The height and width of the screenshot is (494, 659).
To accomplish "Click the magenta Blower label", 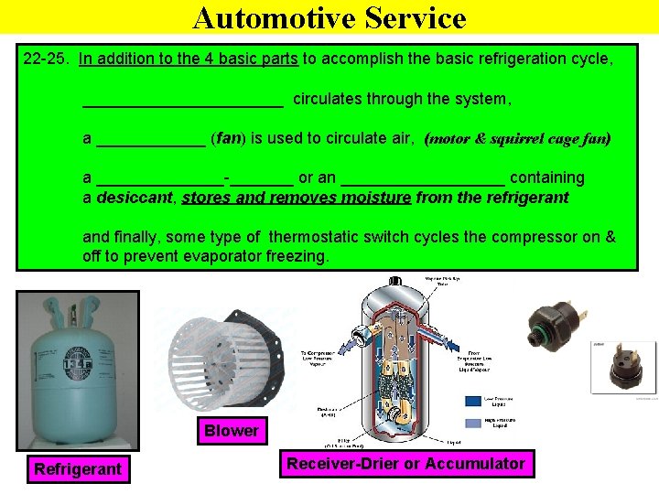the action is [x=232, y=430].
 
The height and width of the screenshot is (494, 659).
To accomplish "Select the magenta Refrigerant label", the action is [x=78, y=469].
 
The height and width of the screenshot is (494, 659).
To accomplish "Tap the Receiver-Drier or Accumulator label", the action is [x=405, y=464].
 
